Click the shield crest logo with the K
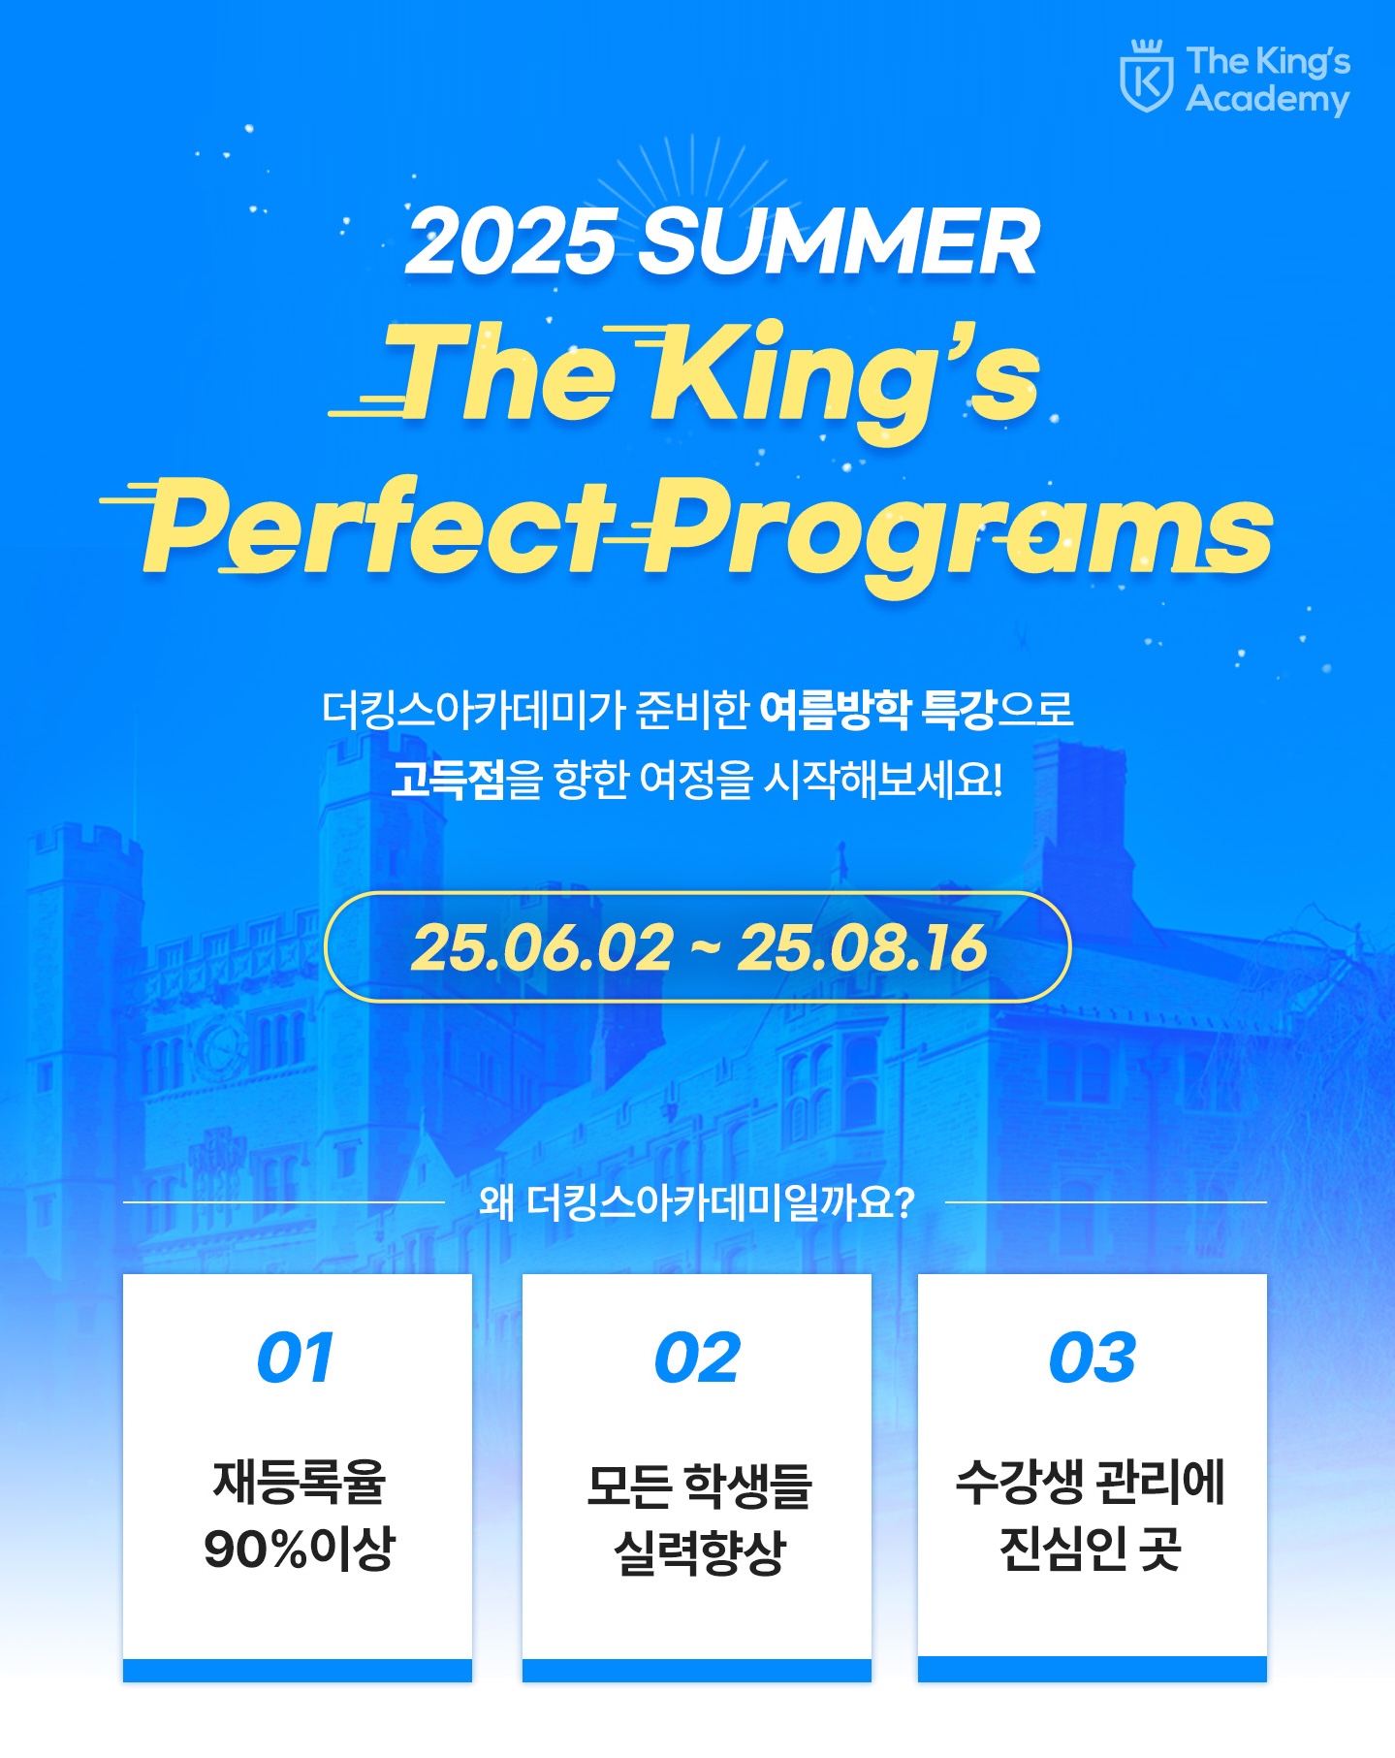point(1147,77)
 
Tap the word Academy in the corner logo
point(1268,99)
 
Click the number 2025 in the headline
point(512,241)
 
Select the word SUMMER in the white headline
point(840,241)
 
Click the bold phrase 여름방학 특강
point(877,710)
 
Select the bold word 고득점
point(448,779)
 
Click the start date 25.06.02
point(542,947)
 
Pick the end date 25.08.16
point(862,947)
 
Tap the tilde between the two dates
point(706,947)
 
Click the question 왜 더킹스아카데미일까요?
point(696,1202)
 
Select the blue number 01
point(296,1358)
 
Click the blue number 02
point(697,1358)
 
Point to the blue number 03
point(1092,1358)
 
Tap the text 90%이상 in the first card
point(299,1549)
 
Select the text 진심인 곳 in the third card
point(1091,1549)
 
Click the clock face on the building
point(222,1049)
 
